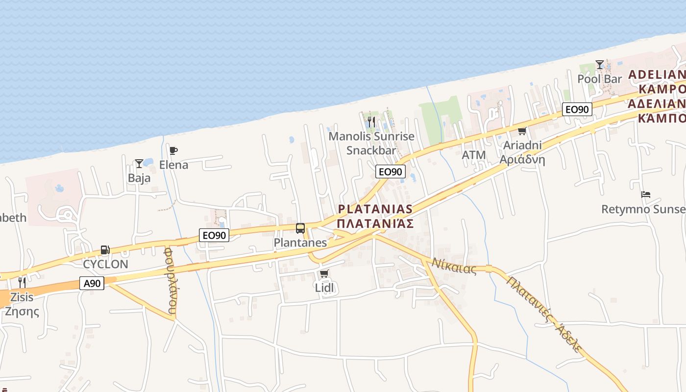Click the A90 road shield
pos(92,283)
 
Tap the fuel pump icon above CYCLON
pos(105,250)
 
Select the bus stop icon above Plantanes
pos(300,228)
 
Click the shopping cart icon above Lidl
pos(324,273)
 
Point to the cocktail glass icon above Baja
pos(139,163)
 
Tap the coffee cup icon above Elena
pos(173,150)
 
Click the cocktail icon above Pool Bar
pos(599,64)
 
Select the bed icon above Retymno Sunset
pos(645,195)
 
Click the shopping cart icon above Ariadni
pos(522,131)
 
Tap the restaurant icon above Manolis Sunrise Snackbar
pos(371,121)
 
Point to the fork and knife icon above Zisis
pos(22,282)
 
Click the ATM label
pos(474,155)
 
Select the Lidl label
pos(324,288)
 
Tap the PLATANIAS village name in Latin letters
pos(375,209)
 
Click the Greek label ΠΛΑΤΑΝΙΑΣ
pos(375,224)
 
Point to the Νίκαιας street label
pos(454,266)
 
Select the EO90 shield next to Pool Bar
pos(577,109)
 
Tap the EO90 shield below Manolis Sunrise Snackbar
pos(390,171)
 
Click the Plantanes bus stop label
pos(300,243)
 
